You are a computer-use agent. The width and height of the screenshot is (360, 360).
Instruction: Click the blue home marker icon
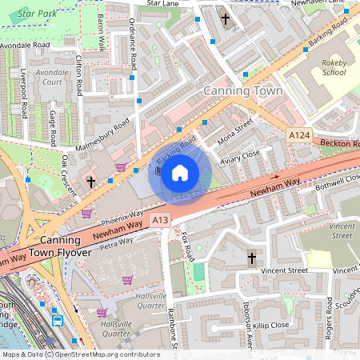pos(180,172)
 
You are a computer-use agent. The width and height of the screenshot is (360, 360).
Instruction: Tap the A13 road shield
pos(160,220)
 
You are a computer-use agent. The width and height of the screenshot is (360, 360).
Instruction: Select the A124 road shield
pos(300,138)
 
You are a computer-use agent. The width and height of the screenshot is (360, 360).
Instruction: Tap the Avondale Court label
pos(53,78)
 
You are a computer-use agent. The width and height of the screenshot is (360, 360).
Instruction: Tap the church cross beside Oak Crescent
pos(91,182)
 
